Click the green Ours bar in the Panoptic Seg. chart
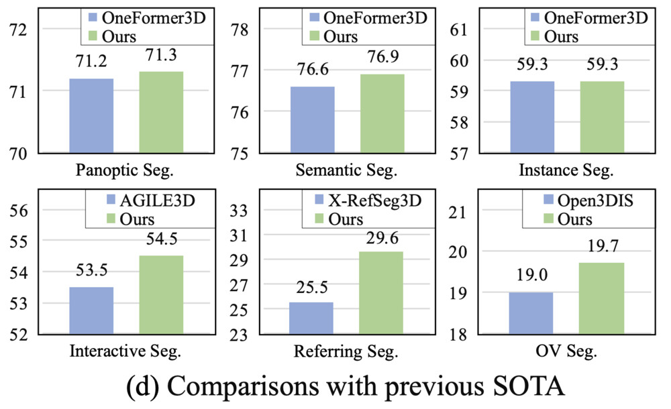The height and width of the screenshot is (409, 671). point(161,112)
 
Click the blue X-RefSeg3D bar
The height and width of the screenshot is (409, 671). point(311,318)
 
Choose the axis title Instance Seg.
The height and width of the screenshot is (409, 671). point(566,170)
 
